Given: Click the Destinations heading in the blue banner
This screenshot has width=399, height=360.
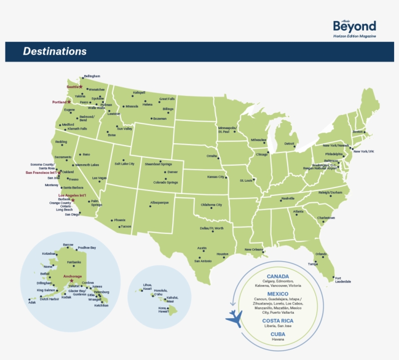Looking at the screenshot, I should tap(54, 52).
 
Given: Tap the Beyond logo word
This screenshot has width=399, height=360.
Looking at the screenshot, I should tap(354, 26).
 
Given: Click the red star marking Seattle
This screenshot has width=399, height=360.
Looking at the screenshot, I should tap(81, 87).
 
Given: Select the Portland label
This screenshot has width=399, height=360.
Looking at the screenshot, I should tap(59, 102).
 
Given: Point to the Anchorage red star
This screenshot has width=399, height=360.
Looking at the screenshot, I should tap(72, 281).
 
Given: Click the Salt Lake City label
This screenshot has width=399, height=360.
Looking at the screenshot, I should tap(124, 164).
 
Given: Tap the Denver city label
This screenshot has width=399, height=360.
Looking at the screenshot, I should tap(173, 172).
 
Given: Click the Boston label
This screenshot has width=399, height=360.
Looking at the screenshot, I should tap(358, 132).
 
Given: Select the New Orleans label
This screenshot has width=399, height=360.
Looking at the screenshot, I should tap(254, 249).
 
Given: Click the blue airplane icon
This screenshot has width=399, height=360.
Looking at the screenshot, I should tap(235, 319).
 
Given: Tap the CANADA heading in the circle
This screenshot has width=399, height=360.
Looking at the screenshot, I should tap(277, 277).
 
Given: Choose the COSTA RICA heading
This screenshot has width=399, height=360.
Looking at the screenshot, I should tap(277, 321).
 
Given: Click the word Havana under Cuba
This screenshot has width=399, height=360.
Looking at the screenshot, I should tap(277, 340).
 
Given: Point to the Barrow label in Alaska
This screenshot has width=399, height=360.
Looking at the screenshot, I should tap(68, 245).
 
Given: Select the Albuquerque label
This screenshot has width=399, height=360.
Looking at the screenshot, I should tap(159, 203).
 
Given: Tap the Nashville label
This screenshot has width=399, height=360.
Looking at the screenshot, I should tap(288, 198).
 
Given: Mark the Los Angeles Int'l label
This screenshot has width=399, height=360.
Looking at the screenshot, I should tap(72, 195).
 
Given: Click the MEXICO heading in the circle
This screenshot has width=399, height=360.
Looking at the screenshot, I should tap(277, 294).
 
